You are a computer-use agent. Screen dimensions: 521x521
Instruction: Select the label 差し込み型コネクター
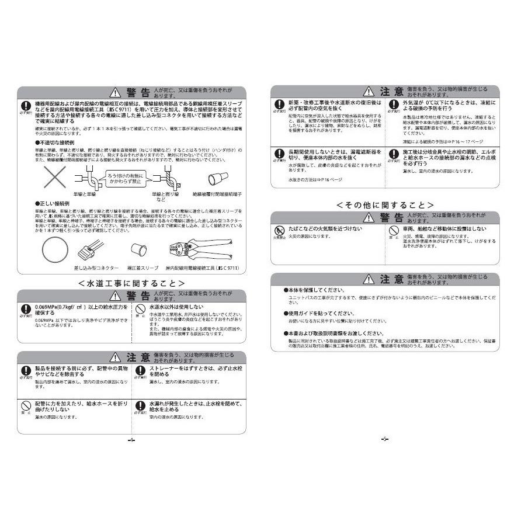click(96, 268)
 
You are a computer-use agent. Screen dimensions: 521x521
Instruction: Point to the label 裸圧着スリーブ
click(142, 268)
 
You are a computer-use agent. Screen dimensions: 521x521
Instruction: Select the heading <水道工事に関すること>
click(131, 283)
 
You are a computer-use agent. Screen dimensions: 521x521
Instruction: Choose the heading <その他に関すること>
click(385, 205)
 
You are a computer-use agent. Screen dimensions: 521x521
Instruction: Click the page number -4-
click(131, 440)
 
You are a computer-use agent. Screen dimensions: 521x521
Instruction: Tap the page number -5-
click(385, 439)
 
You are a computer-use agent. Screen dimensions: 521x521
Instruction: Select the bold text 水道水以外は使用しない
click(176, 306)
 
